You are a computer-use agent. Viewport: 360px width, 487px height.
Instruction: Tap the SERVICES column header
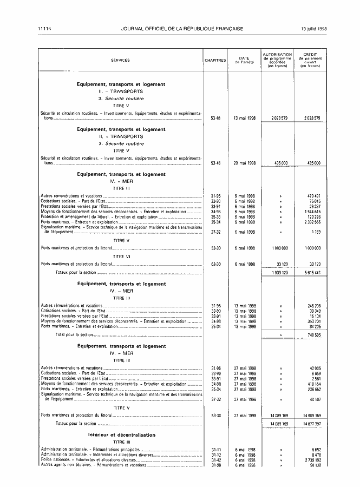tap(120, 60)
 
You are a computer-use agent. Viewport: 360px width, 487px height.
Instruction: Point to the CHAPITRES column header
tap(215, 60)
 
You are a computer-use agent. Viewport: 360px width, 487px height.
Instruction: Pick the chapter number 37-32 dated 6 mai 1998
tap(215, 231)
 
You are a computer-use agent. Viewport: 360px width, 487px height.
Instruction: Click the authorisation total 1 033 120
tap(276, 273)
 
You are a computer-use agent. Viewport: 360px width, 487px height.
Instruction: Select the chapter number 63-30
tap(215, 264)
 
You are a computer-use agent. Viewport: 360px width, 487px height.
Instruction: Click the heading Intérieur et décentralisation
tap(121, 435)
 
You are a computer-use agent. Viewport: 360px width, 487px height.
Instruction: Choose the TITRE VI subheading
tap(121, 256)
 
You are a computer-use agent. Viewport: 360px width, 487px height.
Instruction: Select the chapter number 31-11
tap(215, 450)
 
